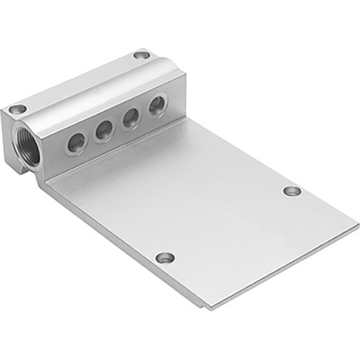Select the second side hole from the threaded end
pyautogui.click(x=103, y=130)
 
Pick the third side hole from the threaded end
pyautogui.click(x=131, y=118)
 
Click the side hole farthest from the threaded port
pyautogui.click(x=157, y=105)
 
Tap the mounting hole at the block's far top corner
pyautogui.click(x=142, y=54)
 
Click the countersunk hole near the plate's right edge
pyautogui.click(x=292, y=191)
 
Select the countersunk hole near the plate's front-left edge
pyautogui.click(x=165, y=258)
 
